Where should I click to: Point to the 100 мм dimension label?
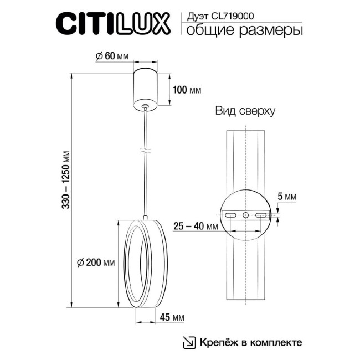coord(187,89)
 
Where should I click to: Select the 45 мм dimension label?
coord(176,317)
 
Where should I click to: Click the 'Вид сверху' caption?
coord(245,110)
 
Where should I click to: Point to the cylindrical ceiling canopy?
coord(146,87)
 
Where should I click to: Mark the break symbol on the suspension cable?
coord(145,151)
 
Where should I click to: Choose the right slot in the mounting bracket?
coord(260,214)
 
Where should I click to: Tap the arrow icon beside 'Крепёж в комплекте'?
coord(189,342)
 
